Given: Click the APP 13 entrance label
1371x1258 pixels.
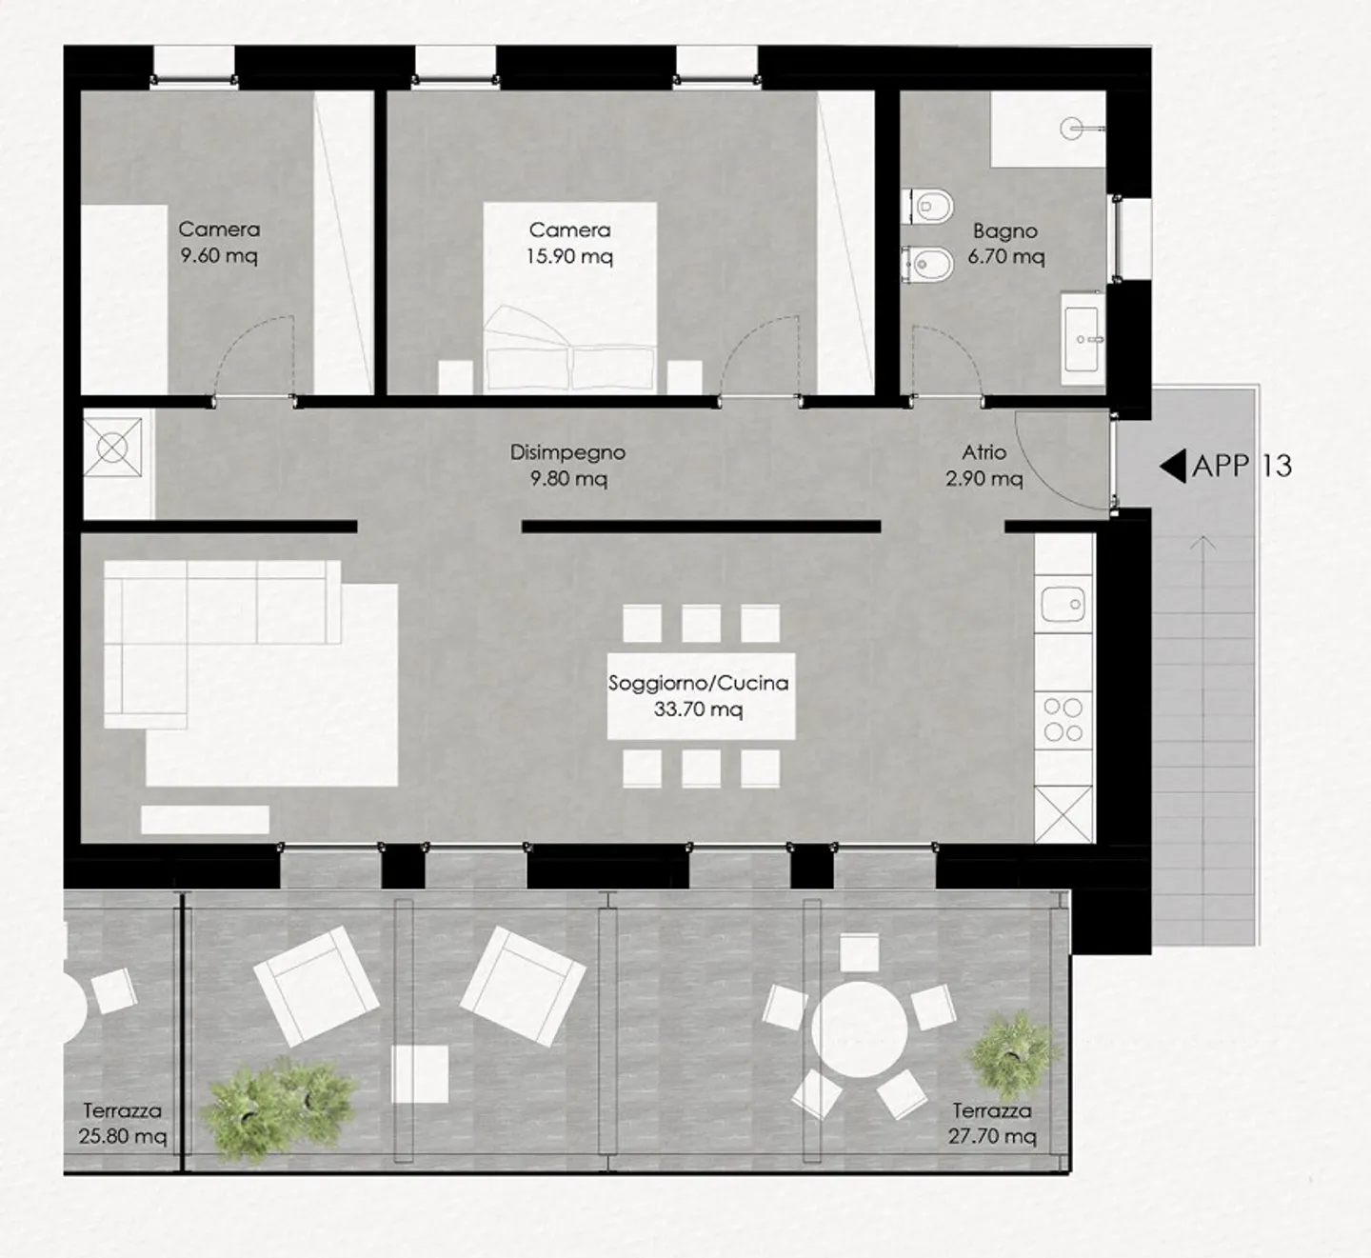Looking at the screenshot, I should tap(1242, 466).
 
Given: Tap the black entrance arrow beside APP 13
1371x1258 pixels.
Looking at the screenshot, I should tap(1173, 466).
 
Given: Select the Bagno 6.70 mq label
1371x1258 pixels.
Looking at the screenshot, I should tap(1005, 244).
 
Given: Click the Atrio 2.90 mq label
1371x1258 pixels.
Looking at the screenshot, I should tap(984, 465).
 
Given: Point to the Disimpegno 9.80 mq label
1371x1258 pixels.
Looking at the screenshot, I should tap(567, 465).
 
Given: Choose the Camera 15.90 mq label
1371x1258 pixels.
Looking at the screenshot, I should tap(569, 243).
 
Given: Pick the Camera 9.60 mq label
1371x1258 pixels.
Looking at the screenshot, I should tap(219, 242).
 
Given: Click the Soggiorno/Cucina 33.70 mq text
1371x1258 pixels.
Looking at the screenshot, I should tap(698, 695).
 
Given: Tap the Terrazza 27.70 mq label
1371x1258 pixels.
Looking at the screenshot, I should tap(991, 1123).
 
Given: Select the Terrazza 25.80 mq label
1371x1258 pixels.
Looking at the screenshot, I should tap(122, 1123).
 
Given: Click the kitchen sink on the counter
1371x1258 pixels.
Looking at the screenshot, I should tap(1063, 604).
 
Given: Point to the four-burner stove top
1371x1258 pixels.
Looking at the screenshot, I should tap(1063, 720).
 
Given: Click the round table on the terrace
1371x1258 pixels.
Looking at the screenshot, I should tap(859, 1029).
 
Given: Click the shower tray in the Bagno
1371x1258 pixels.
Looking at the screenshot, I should tap(1047, 130).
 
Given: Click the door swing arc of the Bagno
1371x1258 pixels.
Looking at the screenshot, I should tap(943, 357).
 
